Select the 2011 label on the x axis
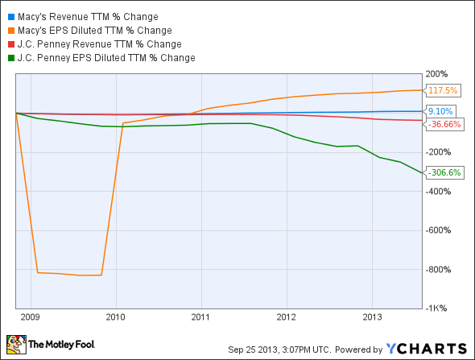tap(200, 316)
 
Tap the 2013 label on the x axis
tap(371, 316)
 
